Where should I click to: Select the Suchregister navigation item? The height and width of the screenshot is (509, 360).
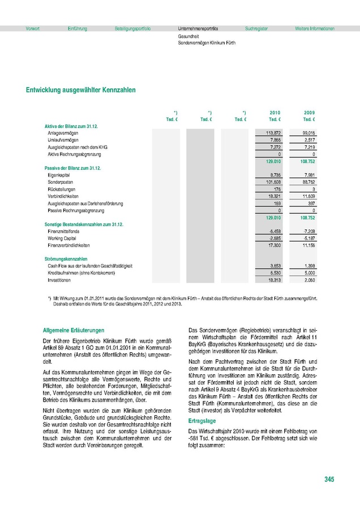tap(256, 28)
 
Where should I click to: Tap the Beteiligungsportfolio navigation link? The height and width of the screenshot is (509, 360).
tap(132, 28)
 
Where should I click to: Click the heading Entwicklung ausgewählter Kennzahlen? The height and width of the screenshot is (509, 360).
tap(80, 90)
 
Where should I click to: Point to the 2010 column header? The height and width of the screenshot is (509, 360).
tap(275, 113)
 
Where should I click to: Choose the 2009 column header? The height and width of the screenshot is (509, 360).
tap(309, 113)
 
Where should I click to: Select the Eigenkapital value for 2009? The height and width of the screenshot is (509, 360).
tap(309, 175)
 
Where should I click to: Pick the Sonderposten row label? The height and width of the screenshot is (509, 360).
tap(60, 182)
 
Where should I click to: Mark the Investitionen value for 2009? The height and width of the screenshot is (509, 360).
tap(309, 280)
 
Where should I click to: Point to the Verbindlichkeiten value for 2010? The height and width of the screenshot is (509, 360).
tap(275, 196)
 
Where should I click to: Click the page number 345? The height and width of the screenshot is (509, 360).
tap(329, 480)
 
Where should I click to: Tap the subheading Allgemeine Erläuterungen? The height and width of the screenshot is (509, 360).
tap(74, 330)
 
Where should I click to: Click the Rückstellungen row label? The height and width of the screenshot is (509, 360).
tap(62, 189)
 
